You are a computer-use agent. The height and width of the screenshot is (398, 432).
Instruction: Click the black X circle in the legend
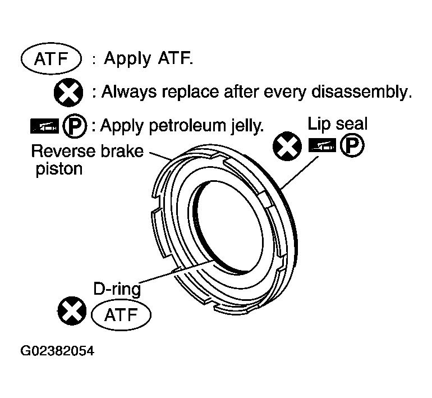[x=68, y=92]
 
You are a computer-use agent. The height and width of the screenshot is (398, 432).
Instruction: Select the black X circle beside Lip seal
[x=287, y=146]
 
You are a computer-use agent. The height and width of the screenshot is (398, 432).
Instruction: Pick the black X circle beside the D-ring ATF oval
[x=72, y=310]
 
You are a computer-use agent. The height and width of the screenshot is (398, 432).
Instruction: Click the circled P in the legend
[x=75, y=126]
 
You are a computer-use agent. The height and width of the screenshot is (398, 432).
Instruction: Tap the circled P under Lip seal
[x=352, y=145]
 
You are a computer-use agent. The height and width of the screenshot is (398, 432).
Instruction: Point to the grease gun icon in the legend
[x=44, y=126]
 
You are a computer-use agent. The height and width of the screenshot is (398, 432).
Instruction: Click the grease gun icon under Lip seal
[x=322, y=145]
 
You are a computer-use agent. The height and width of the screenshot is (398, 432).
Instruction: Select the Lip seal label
[x=337, y=123]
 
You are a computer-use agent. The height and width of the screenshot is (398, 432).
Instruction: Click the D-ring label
[x=117, y=290]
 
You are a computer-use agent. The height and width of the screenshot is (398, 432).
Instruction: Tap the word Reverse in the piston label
[x=63, y=151]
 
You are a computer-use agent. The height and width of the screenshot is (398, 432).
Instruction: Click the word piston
[x=59, y=168]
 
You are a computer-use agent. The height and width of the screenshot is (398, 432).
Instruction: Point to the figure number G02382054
[x=57, y=351]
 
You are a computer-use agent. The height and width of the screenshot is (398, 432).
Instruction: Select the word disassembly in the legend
[x=361, y=92]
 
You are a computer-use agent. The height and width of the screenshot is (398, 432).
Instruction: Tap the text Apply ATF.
[x=149, y=58]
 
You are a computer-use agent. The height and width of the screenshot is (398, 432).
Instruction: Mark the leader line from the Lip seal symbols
[x=300, y=172]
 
